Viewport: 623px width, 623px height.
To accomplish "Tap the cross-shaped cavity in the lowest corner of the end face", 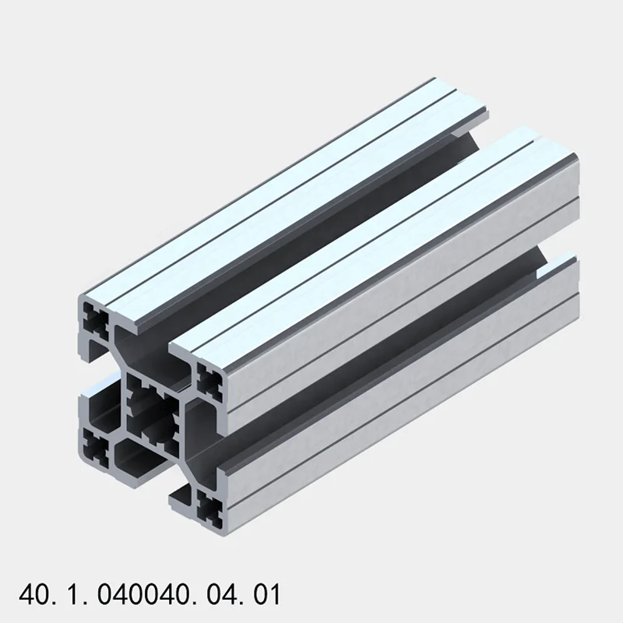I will pos(208,507).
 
